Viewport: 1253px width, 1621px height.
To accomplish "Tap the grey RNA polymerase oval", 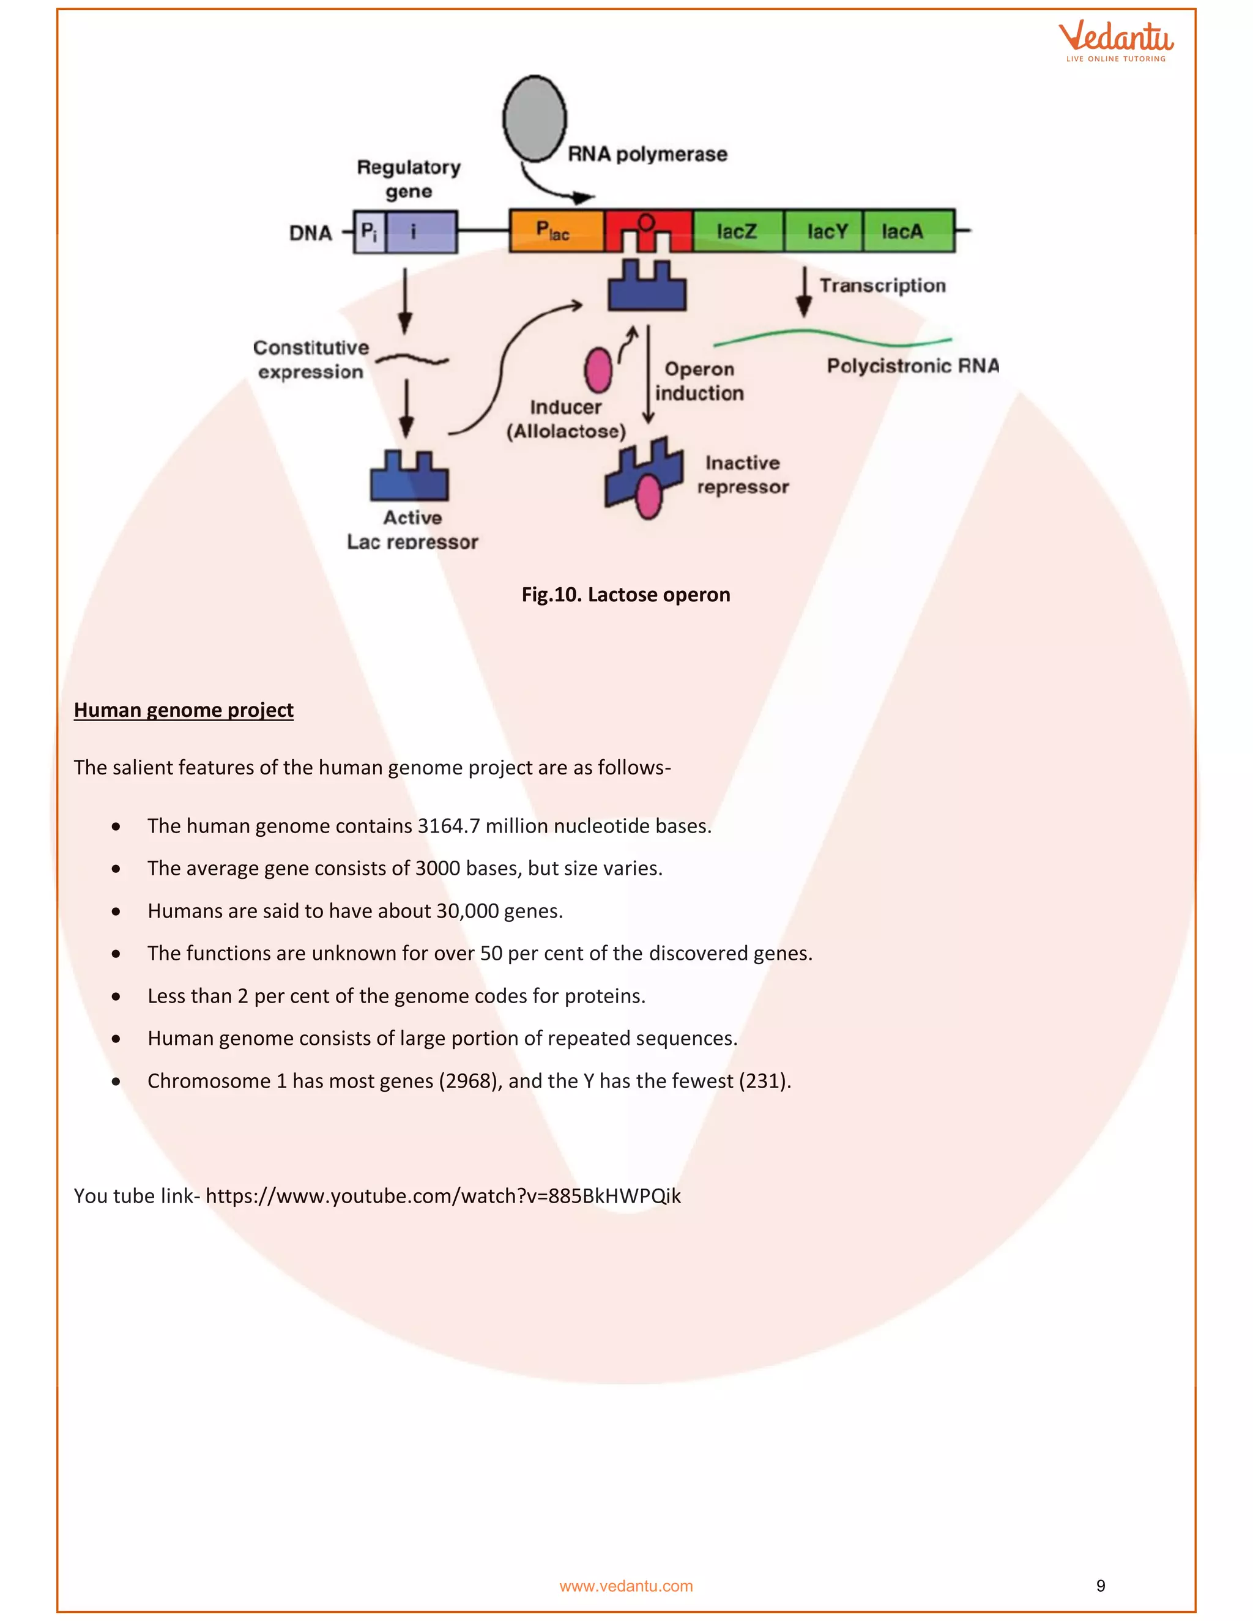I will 535,118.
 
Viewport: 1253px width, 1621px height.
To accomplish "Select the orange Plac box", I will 556,231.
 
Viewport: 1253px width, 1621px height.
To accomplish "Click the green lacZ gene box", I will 738,231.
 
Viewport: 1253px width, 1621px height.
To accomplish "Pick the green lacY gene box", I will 825,231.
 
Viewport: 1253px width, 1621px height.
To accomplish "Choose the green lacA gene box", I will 907,231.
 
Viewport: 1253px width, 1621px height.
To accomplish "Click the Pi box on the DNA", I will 369,232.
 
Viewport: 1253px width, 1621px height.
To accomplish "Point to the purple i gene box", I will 421,232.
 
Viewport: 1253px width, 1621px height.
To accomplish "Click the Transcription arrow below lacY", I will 804,292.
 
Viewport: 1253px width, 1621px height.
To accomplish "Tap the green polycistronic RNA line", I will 831,336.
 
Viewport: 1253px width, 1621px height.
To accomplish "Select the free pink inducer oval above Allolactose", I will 598,369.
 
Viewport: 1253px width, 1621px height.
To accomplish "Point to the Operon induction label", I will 699,380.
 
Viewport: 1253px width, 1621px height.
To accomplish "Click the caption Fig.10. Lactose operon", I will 625,595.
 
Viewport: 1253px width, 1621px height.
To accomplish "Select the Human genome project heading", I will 184,710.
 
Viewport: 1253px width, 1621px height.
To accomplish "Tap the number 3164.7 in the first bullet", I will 448,826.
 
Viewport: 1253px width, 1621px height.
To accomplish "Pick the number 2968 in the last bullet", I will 467,1081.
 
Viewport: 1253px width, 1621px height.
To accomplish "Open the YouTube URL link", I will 443,1196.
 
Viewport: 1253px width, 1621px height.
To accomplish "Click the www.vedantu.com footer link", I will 625,1586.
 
